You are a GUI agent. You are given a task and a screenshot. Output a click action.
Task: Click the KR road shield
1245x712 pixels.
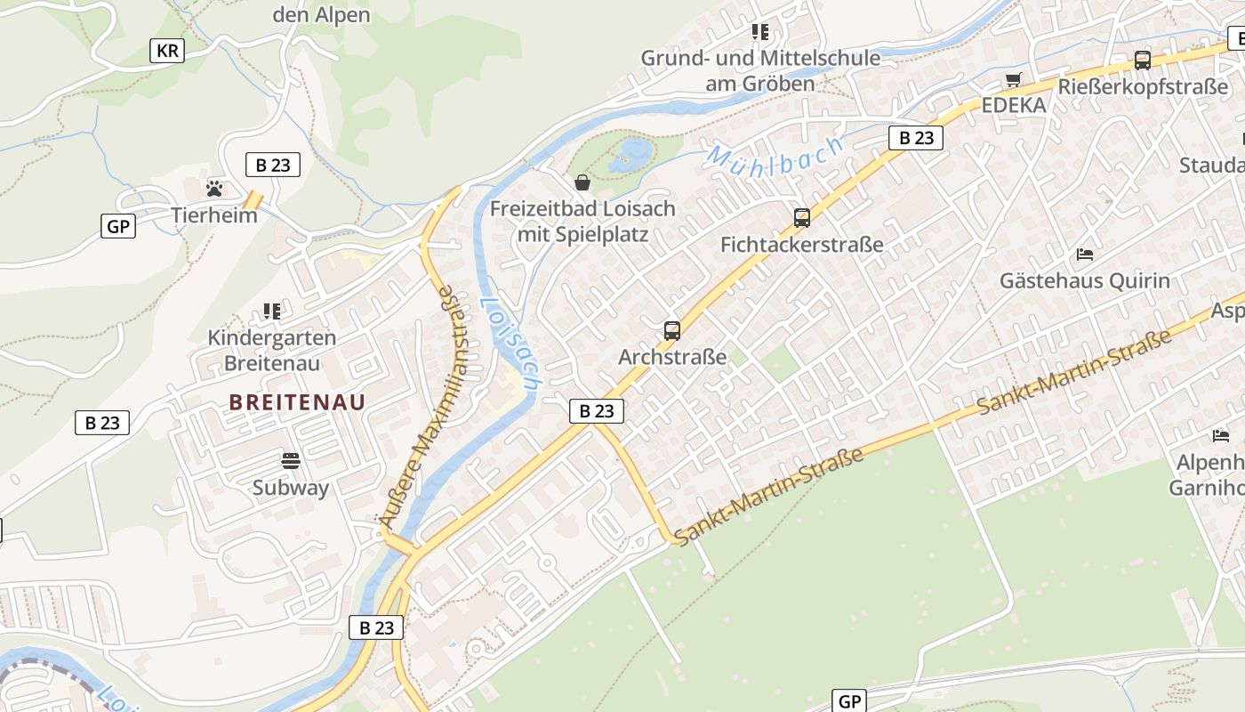166,51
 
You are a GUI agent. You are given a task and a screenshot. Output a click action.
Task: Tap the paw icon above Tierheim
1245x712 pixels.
214,189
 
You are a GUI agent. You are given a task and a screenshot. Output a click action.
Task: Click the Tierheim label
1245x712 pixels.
214,215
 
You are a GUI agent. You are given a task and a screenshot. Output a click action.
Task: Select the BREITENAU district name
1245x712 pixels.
297,401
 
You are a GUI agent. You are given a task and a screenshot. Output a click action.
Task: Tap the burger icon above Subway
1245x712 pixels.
291,461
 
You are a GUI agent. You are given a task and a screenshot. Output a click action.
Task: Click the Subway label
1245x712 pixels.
291,488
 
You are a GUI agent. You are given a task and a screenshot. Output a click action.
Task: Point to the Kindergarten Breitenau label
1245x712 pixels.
271,350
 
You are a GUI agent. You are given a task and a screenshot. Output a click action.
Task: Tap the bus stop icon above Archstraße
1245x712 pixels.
672,331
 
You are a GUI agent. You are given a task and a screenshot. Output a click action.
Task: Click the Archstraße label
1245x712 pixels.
672,358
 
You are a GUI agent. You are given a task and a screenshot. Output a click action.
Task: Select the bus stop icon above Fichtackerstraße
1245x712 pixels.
802,218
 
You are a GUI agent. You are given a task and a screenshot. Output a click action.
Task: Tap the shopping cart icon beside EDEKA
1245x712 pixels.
1013,80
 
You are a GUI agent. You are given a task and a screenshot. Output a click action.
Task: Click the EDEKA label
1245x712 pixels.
1014,105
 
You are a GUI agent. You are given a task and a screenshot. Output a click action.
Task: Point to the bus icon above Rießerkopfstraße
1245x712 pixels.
1143,61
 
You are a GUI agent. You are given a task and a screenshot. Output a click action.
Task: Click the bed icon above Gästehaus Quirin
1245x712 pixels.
1084,255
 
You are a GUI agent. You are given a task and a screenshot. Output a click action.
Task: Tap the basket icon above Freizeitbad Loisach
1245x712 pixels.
582,182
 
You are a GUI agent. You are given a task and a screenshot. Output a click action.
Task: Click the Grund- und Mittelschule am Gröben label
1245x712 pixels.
760,71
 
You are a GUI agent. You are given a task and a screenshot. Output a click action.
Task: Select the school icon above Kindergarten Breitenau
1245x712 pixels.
271,311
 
